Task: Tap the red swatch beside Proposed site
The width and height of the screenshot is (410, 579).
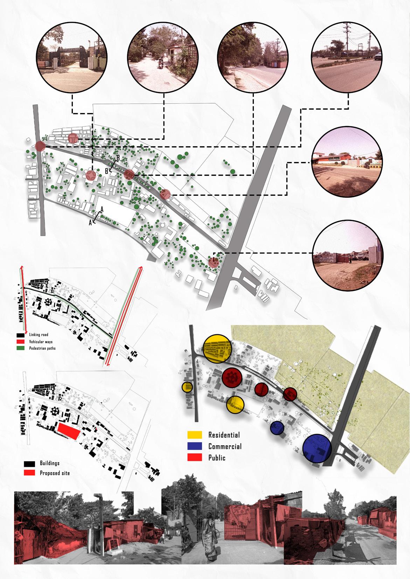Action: click(x=30, y=473)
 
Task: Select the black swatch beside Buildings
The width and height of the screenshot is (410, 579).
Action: click(x=30, y=463)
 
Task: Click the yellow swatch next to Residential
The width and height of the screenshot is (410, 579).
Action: click(x=195, y=435)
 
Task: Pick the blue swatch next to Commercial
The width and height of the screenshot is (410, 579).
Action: click(x=195, y=446)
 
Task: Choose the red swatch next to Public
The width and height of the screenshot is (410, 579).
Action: click(x=195, y=457)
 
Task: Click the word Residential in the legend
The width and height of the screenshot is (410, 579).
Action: click(x=224, y=435)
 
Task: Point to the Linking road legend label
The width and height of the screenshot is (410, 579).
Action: click(x=41, y=335)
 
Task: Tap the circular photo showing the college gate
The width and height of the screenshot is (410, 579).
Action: click(x=72, y=57)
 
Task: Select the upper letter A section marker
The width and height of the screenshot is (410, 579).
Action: click(x=102, y=209)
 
